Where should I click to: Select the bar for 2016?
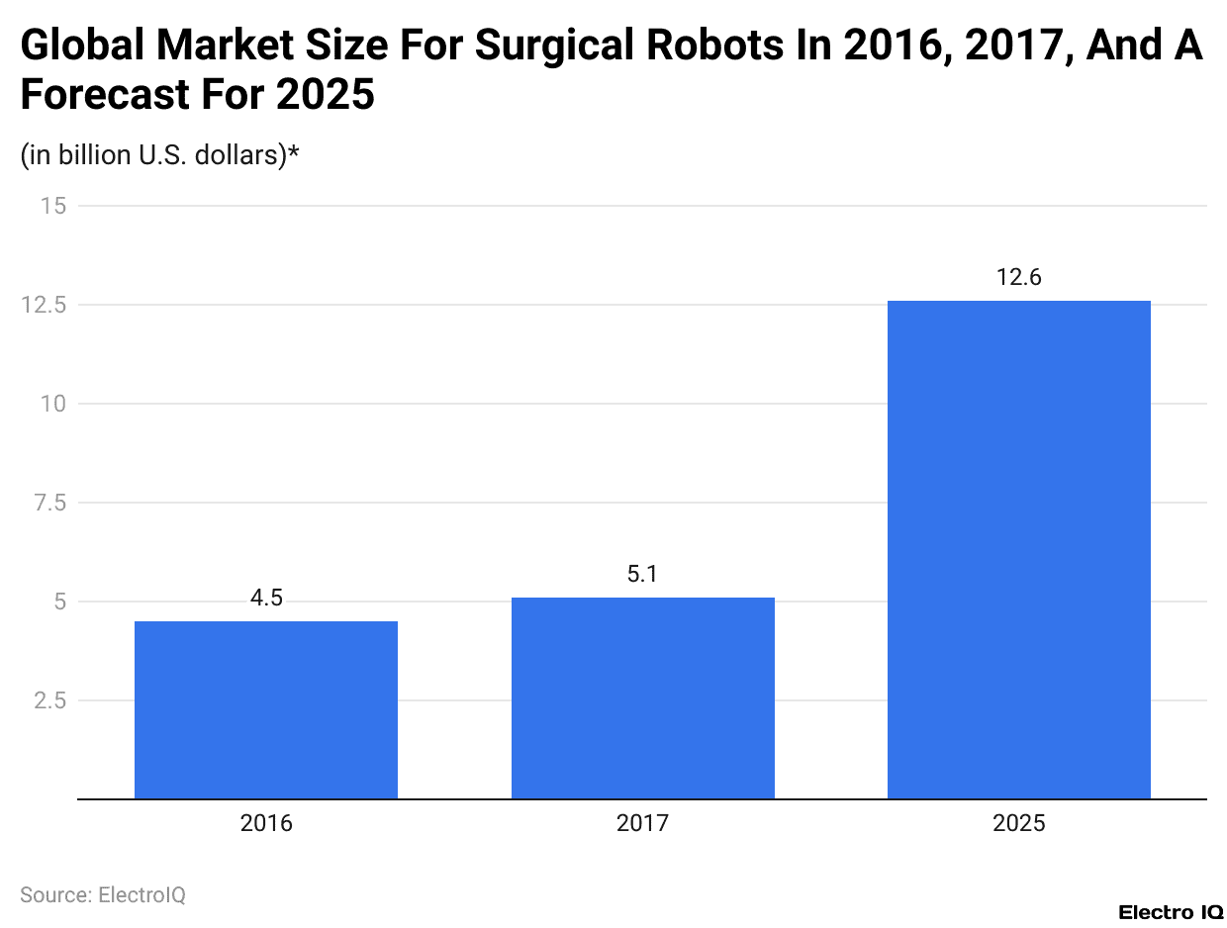[266, 709]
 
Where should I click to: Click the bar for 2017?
[642, 697]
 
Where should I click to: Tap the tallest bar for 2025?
[1018, 549]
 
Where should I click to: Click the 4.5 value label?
[266, 599]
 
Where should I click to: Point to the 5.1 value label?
[642, 575]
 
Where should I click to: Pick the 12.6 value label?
[1018, 278]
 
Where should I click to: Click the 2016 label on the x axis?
[266, 823]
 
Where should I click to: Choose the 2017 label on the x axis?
[642, 823]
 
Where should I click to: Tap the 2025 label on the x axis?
[1018, 823]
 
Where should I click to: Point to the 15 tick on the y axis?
[53, 206]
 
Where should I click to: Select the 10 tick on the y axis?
[53, 404]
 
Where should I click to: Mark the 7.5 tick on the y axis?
[49, 503]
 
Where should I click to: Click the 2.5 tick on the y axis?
[49, 700]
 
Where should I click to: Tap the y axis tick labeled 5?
[59, 602]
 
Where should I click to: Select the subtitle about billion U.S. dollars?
[159, 155]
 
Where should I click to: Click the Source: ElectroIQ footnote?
[103, 895]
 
